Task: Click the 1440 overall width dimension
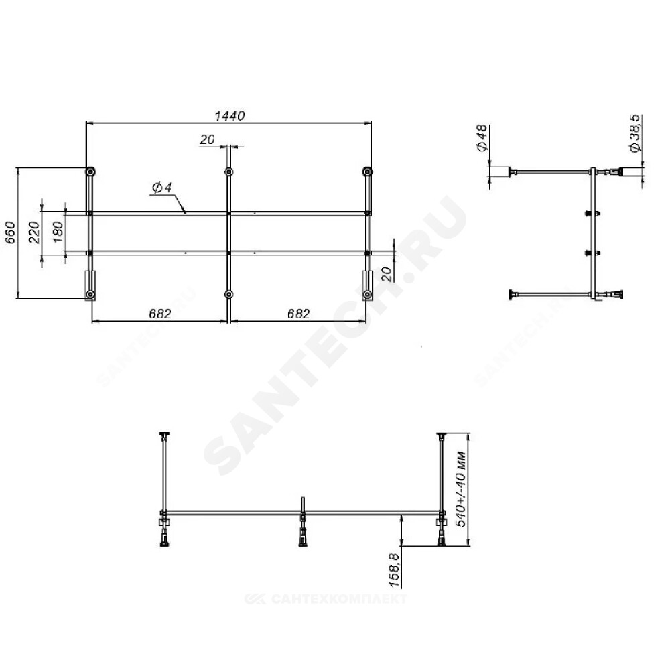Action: (229, 115)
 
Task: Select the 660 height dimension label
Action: (11, 232)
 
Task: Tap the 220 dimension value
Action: (34, 232)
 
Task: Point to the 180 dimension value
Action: (58, 232)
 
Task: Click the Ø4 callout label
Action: (161, 187)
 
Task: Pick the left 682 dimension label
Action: (160, 314)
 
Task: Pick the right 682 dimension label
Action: (298, 314)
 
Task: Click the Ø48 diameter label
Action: (482, 137)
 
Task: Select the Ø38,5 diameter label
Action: (634, 133)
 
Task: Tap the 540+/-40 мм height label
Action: (461, 488)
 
